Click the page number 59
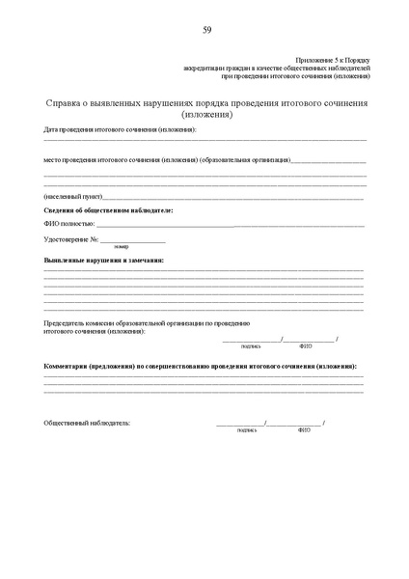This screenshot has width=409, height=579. pos(206,30)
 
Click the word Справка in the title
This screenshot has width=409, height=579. pos(66,103)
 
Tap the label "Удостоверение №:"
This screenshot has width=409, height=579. pos(71,238)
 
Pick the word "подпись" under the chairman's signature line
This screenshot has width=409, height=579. pos(251,345)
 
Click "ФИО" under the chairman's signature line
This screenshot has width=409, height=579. pos(306,345)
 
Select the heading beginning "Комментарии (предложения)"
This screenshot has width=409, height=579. pos(202,368)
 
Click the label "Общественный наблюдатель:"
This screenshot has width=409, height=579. pos(87,423)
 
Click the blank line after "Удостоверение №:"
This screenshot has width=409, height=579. pos(132,239)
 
